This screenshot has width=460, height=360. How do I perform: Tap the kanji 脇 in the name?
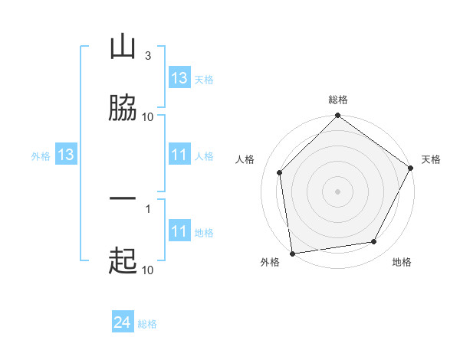pos(123,108)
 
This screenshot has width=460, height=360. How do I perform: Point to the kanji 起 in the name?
pos(123,261)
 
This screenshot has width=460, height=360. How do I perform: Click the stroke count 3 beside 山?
pos(147,56)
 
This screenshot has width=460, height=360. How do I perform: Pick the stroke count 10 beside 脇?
pos(148,116)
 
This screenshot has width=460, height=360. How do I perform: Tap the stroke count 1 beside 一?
pos(147,208)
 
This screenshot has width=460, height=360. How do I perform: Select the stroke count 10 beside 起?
pos(148,270)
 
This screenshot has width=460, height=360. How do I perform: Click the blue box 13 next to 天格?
pos(179,78)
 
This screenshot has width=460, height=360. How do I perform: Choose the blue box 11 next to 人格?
pos(179,155)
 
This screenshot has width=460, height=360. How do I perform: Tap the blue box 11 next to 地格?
pos(179,232)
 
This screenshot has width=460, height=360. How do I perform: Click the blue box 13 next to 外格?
pos(66,155)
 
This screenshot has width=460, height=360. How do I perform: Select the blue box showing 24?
pos(123,323)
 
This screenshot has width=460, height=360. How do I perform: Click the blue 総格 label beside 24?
pos(147,324)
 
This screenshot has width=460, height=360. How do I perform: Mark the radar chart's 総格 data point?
pos(337,116)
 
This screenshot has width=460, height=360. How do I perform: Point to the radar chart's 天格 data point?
pos(411,169)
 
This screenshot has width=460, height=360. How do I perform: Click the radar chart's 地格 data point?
pos(374,241)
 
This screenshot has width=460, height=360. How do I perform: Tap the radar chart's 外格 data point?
pos(292,253)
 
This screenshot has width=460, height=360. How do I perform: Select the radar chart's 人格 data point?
pos(280,172)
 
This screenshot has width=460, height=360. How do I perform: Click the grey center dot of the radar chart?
pos(337,191)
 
